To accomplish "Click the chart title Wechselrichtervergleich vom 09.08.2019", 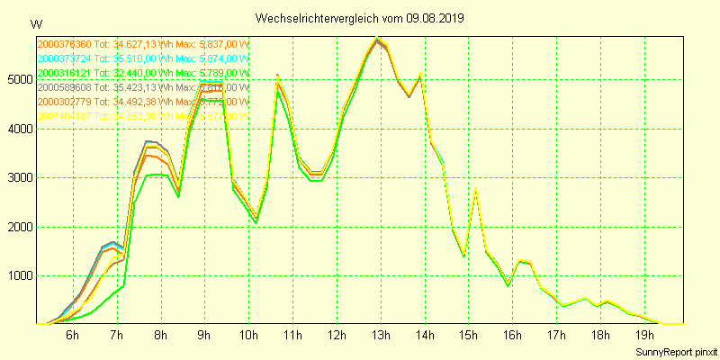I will [x=360, y=18].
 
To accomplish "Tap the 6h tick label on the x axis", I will [x=73, y=336].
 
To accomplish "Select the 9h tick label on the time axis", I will [x=205, y=336].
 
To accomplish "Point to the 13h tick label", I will [x=381, y=336].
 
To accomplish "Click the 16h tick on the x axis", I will [x=512, y=336].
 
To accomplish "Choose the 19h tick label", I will [x=644, y=336].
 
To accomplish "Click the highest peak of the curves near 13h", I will [x=378, y=39].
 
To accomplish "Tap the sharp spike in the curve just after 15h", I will [x=475, y=188].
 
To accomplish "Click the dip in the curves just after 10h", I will [x=256, y=219].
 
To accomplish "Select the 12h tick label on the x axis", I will [x=337, y=336].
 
